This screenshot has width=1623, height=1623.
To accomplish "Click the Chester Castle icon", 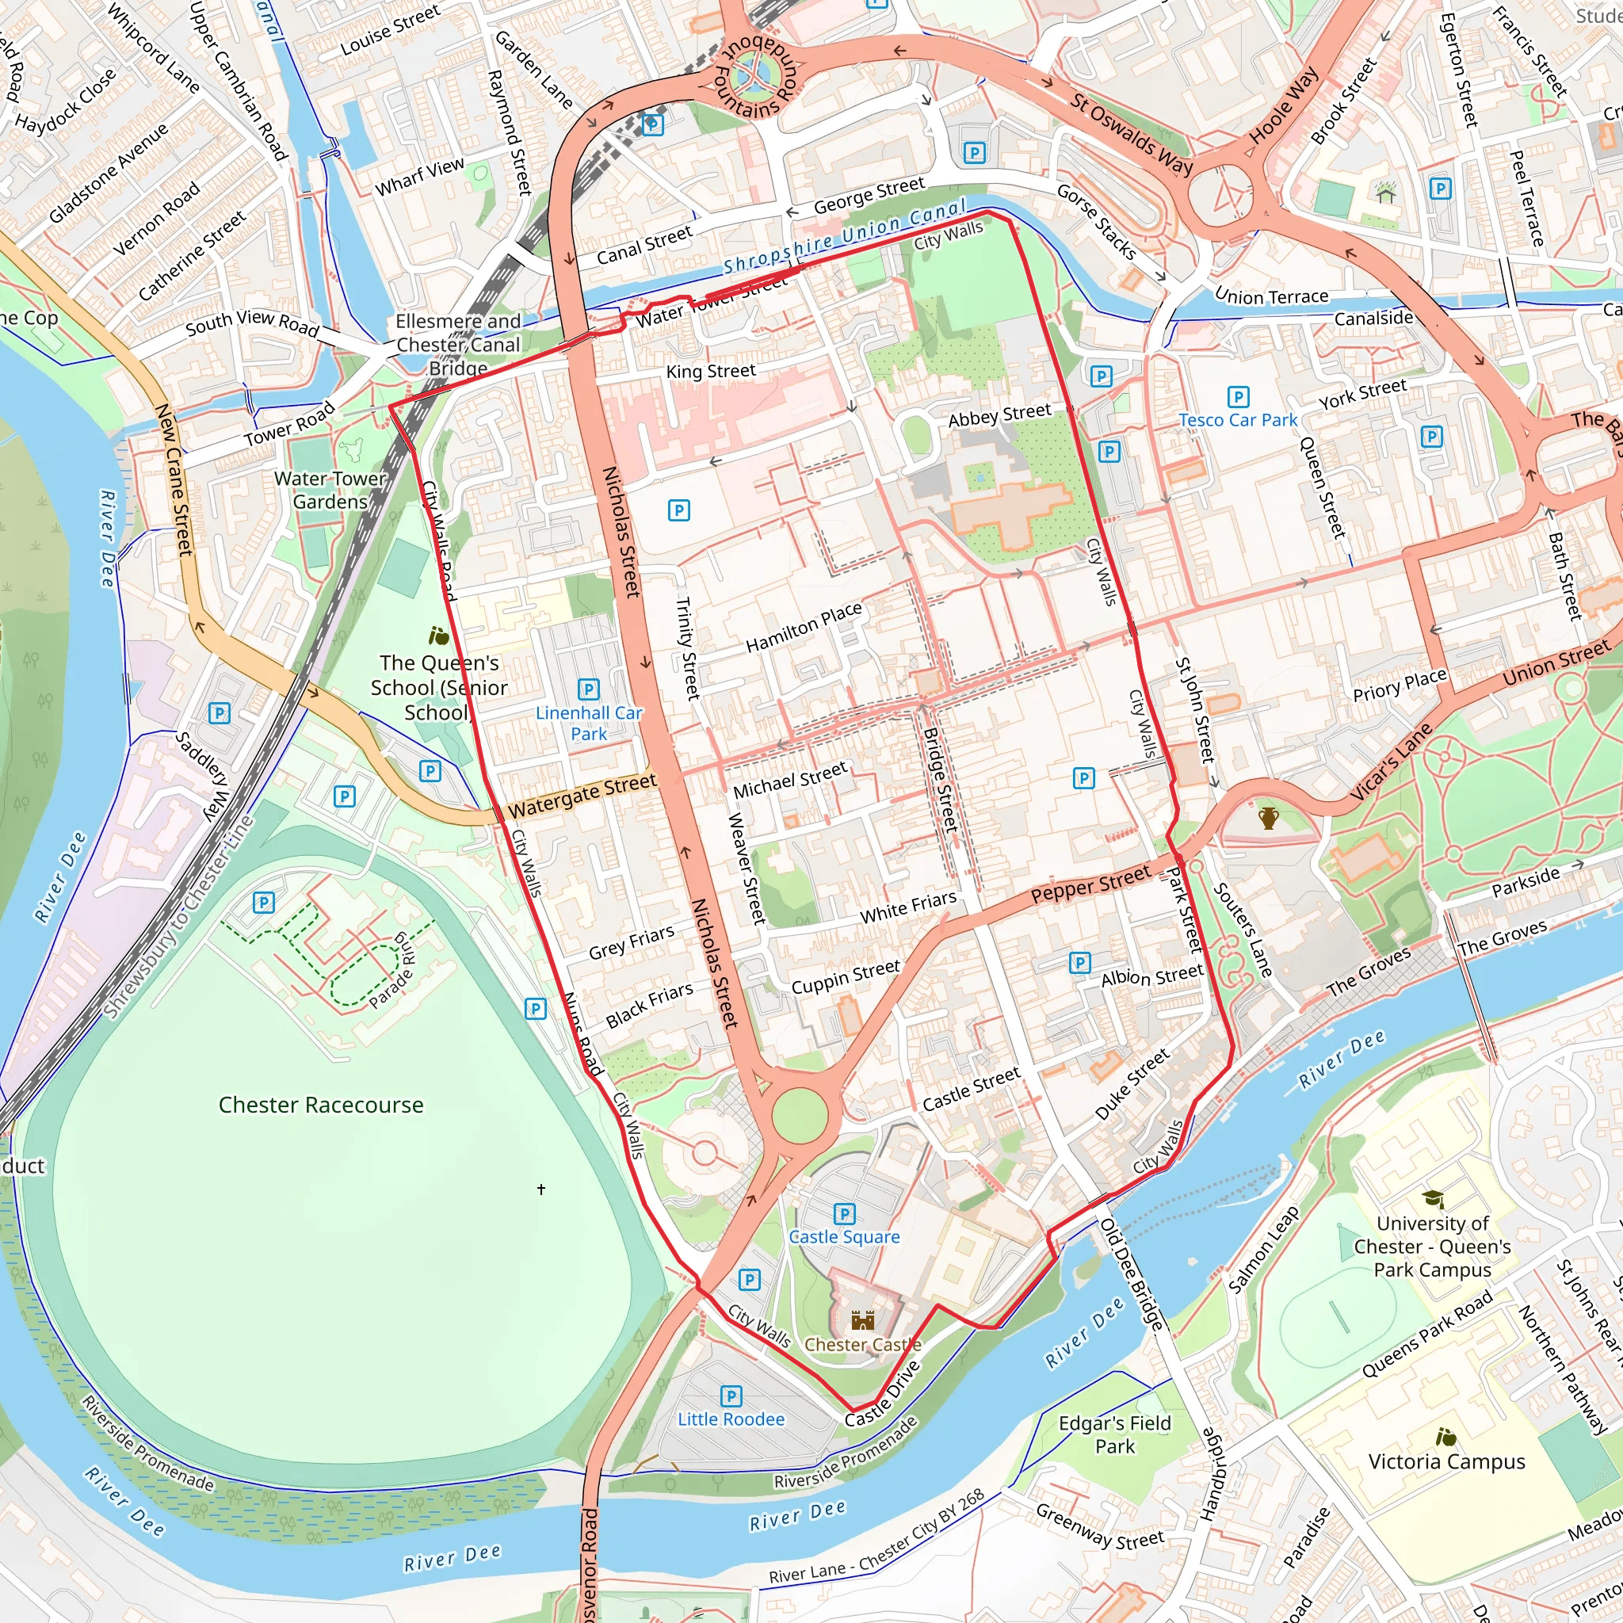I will coord(863,1320).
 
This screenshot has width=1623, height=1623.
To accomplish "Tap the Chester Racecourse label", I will coord(321,1105).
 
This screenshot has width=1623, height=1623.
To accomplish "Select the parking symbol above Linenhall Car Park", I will coord(588,689).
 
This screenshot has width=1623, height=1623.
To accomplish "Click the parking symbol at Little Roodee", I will coord(731,1396).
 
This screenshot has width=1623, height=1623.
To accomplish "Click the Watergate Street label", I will coord(582,795).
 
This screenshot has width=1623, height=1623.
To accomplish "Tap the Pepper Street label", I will coord(1090,884).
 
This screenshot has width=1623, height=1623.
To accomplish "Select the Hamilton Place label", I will coord(804,627).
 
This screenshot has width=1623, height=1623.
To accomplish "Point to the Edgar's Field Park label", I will coord(1114,1435).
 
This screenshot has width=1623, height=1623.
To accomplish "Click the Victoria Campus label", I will coord(1445,1461).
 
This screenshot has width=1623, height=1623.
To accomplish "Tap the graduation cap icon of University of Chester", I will coord(1433,1199).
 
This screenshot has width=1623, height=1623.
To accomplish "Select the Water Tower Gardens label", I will coord(330,490).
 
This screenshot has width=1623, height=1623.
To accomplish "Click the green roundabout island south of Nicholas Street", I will coord(800,1115).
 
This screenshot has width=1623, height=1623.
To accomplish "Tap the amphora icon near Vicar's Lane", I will coord(1269,817).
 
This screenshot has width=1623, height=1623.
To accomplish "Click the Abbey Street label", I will coord(999,415).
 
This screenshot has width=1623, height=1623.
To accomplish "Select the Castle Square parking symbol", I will coord(844,1214).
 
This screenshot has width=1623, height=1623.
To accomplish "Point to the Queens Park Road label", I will coord(1426,1334).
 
